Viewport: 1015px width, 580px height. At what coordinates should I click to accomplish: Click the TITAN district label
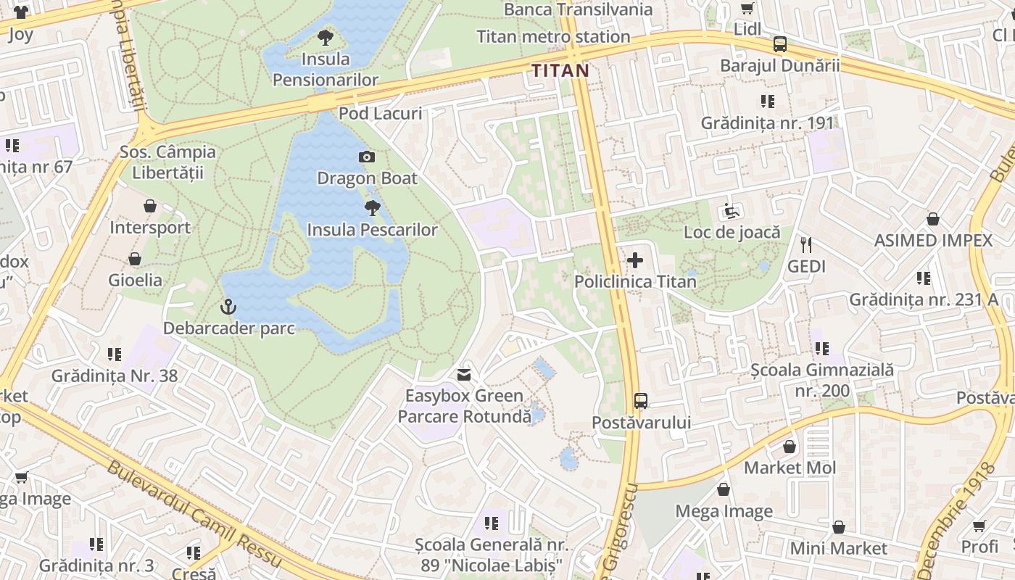point(560,70)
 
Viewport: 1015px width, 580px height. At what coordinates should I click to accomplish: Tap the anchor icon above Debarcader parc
point(228,307)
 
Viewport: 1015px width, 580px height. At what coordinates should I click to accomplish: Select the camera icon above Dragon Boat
point(367,157)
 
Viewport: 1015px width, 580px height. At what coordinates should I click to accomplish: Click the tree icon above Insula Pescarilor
point(373,209)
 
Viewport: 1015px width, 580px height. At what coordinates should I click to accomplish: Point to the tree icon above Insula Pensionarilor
point(326,37)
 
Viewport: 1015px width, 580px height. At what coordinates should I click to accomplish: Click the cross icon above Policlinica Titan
point(635,260)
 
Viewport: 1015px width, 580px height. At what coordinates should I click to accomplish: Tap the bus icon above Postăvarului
point(641,400)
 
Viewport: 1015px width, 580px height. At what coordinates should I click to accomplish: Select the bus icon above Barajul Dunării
point(779,44)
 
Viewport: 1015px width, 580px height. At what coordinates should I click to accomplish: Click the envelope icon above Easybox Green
point(464,375)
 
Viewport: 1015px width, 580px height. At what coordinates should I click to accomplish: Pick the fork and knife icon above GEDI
point(806,245)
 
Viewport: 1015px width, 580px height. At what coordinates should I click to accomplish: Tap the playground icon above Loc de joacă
point(732,211)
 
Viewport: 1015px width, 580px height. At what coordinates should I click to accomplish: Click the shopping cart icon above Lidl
point(747,9)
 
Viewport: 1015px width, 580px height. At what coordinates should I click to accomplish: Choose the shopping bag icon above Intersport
point(150,207)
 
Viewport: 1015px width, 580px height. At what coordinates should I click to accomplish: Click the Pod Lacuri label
point(380,113)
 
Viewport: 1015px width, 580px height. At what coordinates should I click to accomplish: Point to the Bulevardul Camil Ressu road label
point(194,513)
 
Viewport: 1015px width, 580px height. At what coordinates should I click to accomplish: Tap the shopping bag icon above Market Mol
point(790,447)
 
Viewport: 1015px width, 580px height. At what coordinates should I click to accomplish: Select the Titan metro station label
point(553,36)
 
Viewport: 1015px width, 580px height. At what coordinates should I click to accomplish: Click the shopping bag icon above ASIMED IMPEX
point(933,219)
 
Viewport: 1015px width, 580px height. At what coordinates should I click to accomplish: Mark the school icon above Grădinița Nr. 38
point(115,355)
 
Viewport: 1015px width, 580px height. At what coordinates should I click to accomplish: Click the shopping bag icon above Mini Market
point(839,527)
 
